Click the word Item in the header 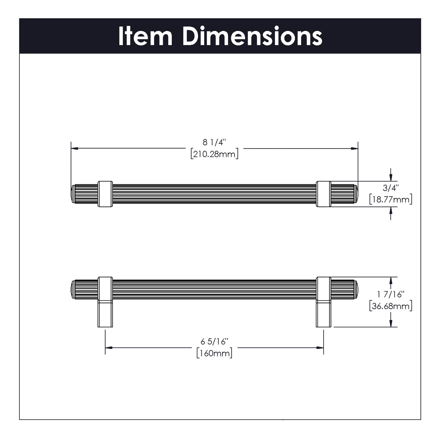point(145,36)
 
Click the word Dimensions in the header point(252,36)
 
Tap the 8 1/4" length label point(214,142)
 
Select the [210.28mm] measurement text point(214,154)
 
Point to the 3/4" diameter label point(391,188)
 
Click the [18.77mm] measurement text point(391,199)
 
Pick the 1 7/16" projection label point(391,295)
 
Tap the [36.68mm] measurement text point(391,306)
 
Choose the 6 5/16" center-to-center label point(214,342)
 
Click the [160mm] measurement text point(214,353)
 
